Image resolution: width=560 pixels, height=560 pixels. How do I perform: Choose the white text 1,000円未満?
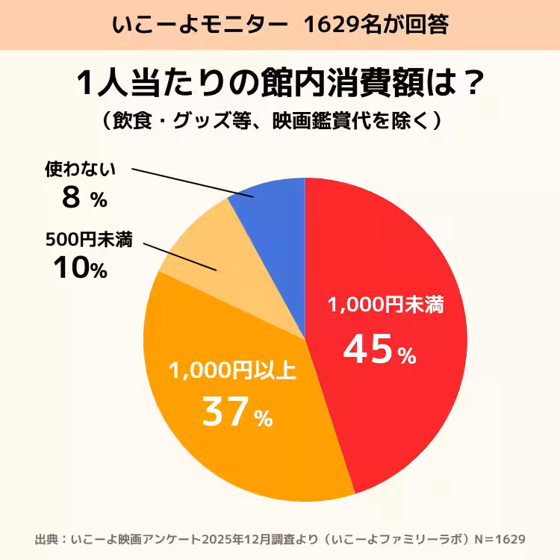[x=386, y=305]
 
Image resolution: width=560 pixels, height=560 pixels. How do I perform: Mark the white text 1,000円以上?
[x=232, y=371]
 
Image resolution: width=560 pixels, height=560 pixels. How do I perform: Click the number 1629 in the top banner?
[x=330, y=25]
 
